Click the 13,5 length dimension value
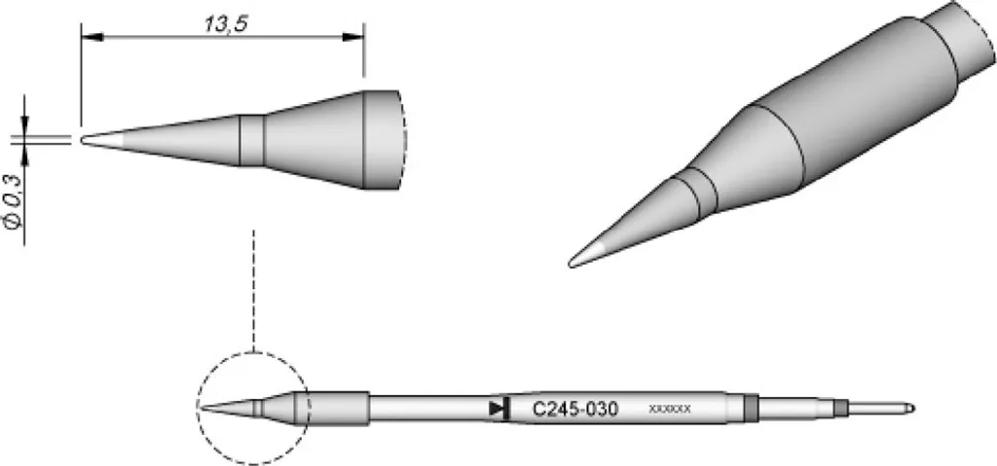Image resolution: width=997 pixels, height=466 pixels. point(225,23)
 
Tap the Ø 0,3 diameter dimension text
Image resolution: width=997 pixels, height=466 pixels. point(14,201)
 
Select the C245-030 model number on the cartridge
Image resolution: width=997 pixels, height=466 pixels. point(574,409)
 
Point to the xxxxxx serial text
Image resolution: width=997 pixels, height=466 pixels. point(670,409)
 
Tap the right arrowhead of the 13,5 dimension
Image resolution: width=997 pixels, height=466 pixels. point(352,37)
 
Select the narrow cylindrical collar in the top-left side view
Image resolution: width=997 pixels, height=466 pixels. point(252,140)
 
